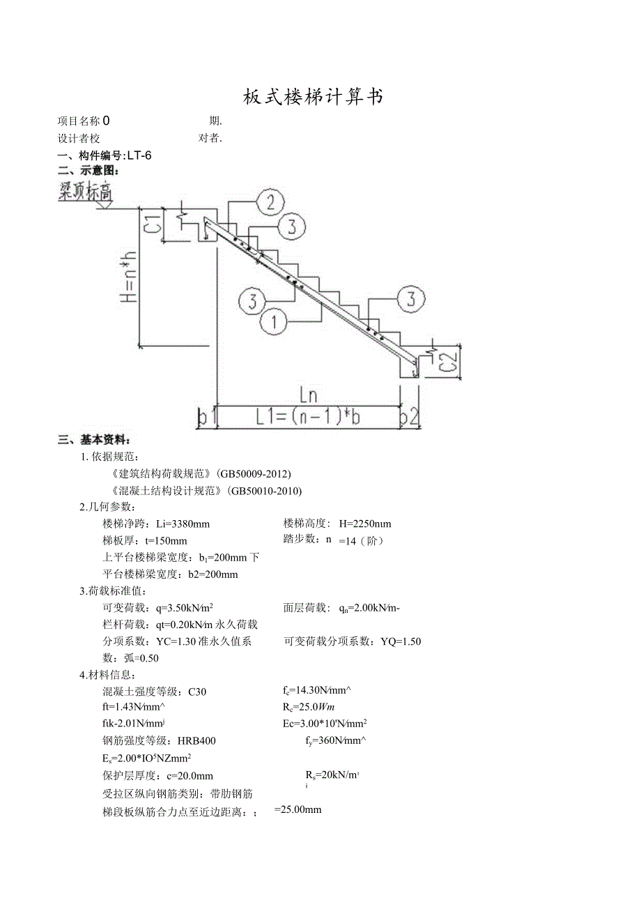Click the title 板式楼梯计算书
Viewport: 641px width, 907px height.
tap(314, 97)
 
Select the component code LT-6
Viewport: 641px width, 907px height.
tap(139, 155)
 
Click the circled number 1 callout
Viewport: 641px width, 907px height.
tap(275, 321)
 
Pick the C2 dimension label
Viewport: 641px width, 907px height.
tap(449, 362)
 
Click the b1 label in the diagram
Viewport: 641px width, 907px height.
tap(206, 418)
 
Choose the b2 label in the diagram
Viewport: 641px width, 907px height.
tap(410, 418)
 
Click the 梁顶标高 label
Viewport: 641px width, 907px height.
tap(86, 191)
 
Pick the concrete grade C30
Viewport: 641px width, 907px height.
tap(197, 692)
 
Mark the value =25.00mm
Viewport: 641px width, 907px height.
tap(298, 809)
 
